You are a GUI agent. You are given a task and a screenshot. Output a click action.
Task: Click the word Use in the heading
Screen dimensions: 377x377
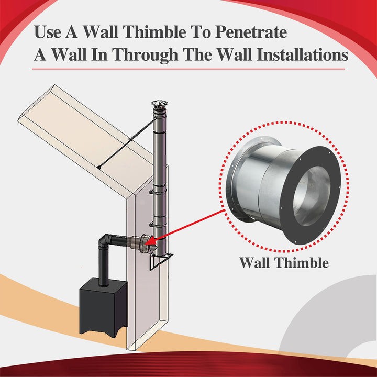(48, 32)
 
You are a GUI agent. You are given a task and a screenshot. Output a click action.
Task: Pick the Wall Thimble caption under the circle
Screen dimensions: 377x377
(284, 262)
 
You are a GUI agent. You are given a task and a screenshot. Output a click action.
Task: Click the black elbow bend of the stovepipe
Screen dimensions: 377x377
(104, 242)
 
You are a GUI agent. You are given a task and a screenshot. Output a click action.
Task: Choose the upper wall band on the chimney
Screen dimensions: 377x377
(157, 192)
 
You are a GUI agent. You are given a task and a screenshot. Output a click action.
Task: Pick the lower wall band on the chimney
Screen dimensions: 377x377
(157, 225)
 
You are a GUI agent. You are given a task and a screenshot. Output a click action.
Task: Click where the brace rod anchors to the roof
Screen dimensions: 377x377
(98, 168)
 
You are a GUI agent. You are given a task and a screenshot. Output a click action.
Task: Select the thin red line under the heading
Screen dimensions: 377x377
(188, 69)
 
